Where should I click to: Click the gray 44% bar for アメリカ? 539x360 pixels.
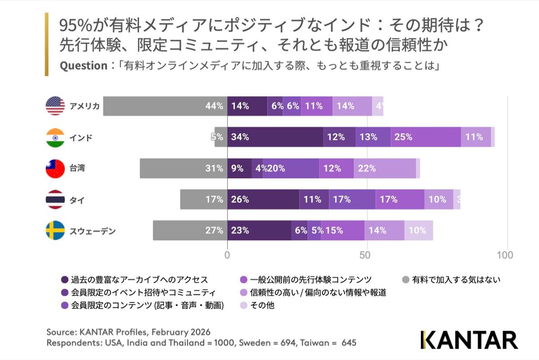pos(165,106)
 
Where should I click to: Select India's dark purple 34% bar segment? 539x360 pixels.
pos(275,137)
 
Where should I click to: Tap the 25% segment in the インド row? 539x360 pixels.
pos(426,137)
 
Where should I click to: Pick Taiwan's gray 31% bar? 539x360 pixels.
pos(183,169)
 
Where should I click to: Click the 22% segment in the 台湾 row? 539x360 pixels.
pos(384,169)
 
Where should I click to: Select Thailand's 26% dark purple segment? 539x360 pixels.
pos(263,200)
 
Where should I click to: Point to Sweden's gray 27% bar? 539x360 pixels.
pos(190,231)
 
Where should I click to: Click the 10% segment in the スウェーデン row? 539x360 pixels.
pos(419,231)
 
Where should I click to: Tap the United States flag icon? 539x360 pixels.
pos(55,106)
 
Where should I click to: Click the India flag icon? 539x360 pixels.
pos(55,138)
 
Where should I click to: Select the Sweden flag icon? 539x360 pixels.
pos(55,231)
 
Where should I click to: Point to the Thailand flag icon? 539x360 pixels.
pos(55,200)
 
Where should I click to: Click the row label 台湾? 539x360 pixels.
pos(77,169)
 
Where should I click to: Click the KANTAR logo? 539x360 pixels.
pos(469,340)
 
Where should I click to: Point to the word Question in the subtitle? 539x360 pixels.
pos(83,66)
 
